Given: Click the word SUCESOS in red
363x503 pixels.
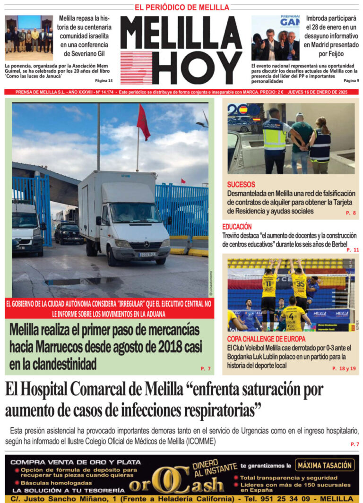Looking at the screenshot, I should coord(241,185).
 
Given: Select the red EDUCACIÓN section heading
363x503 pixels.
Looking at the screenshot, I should coord(237,227).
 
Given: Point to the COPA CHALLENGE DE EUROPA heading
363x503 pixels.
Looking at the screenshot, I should coord(266,339).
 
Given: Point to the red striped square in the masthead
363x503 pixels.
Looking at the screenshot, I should coord(136,68).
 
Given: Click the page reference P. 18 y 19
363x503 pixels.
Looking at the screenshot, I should coord(344,368).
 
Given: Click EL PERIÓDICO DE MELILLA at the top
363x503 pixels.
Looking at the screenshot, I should coord(182,7).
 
